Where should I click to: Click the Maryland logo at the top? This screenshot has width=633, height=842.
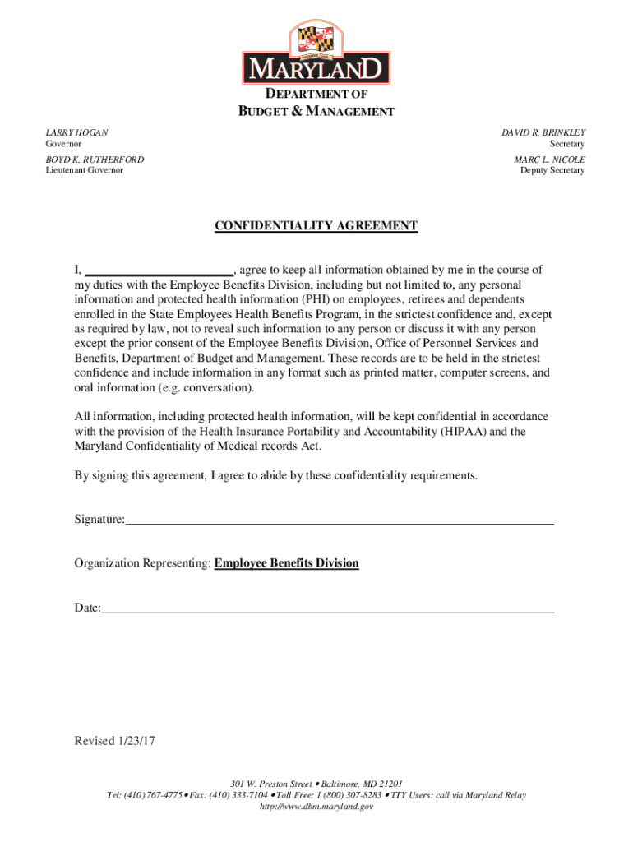316,53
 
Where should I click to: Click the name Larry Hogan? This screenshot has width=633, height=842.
76,132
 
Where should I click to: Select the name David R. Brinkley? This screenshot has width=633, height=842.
543,132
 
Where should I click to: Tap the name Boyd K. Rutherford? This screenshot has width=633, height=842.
95,159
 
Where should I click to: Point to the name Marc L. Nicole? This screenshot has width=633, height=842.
550,159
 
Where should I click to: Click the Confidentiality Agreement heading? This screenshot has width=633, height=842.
316,226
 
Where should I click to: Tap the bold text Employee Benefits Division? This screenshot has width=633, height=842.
286,563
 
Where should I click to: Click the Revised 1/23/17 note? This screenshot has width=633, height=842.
114,741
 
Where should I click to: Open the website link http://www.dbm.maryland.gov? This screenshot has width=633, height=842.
316,807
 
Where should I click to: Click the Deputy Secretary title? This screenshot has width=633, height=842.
552,170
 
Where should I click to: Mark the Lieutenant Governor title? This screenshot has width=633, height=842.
84,170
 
